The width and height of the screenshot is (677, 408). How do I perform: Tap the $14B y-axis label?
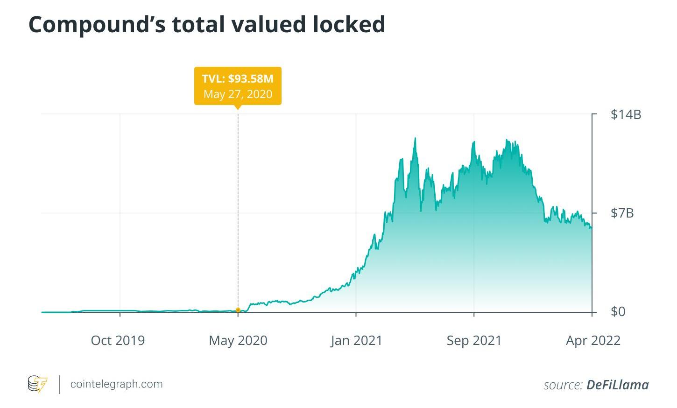pos(626,114)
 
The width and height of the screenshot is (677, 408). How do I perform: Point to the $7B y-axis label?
pos(622,213)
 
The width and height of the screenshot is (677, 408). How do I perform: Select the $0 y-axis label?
pos(618,312)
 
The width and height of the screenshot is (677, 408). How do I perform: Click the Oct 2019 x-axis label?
pos(118,340)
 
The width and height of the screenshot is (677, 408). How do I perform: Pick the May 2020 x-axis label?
pos(238,340)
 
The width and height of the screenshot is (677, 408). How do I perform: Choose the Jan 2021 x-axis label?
pos(356,340)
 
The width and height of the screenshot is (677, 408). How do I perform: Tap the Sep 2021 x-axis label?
pos(474,340)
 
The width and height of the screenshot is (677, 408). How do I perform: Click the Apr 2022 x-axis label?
pos(593,340)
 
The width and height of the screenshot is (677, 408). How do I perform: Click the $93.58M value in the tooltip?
pos(251,79)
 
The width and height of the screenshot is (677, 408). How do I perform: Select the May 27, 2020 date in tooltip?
pos(238,94)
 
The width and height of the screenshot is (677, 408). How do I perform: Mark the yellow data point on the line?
pos(238,310)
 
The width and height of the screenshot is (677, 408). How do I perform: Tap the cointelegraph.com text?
pos(116,384)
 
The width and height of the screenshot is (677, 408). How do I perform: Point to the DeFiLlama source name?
pos(617,385)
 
